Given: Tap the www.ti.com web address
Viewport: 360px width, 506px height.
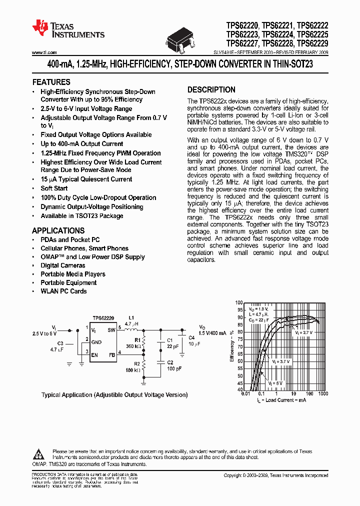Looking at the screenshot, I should (x=44, y=52).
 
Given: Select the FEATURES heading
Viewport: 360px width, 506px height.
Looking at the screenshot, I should (x=51, y=82).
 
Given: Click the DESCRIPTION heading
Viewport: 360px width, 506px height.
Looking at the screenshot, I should (x=211, y=90).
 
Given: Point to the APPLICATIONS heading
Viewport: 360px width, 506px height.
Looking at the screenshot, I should (x=58, y=230).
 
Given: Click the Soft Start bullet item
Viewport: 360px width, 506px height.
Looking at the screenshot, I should (x=54, y=188).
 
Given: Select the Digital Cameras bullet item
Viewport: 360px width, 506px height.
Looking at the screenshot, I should (x=63, y=265).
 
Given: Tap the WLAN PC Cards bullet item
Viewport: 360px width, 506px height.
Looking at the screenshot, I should (x=63, y=291).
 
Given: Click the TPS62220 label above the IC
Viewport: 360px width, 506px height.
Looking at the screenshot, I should (x=103, y=318).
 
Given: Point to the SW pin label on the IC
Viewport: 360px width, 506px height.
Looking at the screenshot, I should (x=111, y=329).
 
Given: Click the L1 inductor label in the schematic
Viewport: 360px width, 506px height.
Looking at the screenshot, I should (x=132, y=318).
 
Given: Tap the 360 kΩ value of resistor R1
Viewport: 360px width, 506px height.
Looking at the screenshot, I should (x=133, y=346).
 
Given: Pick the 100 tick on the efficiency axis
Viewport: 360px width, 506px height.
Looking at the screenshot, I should (x=239, y=303).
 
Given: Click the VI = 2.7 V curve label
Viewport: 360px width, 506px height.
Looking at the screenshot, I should (x=304, y=332).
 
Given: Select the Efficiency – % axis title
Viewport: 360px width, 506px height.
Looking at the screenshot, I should (x=231, y=345).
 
